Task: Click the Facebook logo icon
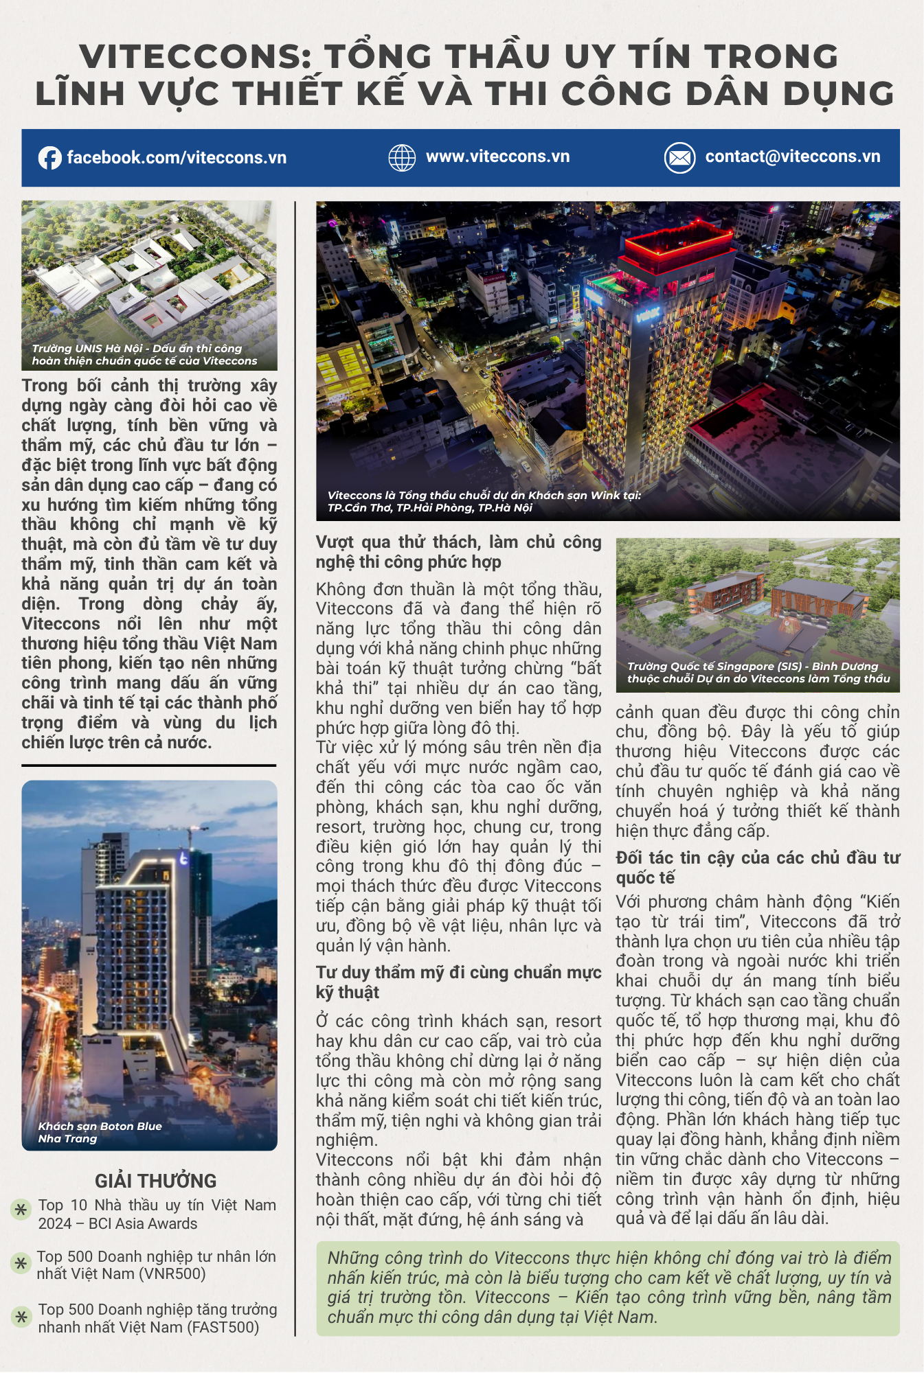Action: point(49,158)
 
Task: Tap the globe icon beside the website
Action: point(402,158)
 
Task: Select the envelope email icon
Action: point(679,158)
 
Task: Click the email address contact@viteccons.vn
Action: point(792,157)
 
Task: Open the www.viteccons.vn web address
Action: point(497,157)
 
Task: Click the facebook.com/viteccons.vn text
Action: point(177,158)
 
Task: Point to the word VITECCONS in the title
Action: point(196,56)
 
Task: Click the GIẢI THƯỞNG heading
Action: point(156,1181)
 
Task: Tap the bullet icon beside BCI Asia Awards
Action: point(21,1209)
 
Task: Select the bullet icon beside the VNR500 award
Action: point(21,1262)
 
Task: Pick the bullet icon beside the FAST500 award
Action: point(21,1316)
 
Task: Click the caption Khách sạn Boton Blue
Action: point(100,1126)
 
